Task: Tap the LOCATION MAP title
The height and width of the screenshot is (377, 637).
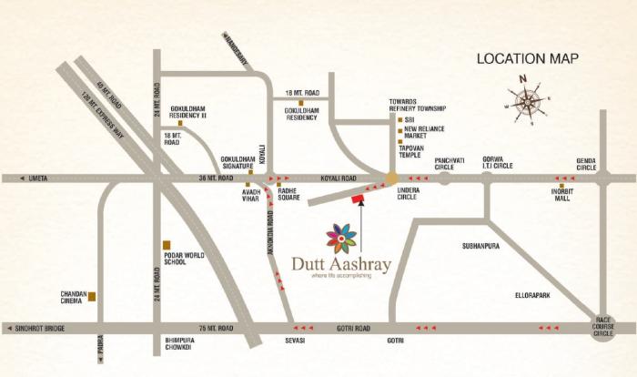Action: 528,58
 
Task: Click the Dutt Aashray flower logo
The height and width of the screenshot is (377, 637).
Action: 342,239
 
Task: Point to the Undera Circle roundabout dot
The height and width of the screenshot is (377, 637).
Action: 391,178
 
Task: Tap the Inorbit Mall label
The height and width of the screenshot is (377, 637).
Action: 561,195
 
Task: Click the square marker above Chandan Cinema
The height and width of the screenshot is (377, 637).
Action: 92,296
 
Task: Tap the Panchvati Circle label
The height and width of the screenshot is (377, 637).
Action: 443,162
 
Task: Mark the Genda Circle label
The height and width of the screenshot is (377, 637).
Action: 586,165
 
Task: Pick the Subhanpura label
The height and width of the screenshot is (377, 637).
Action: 482,246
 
